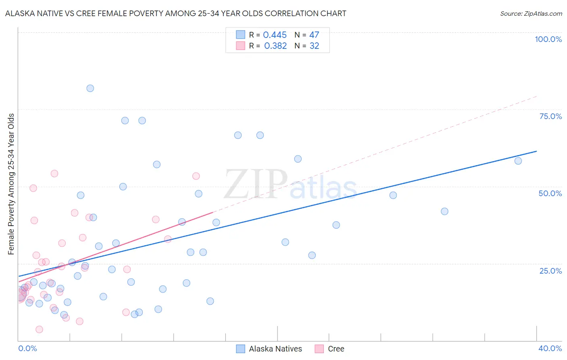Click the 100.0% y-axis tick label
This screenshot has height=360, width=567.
point(548,39)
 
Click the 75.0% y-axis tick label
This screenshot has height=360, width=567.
point(550,116)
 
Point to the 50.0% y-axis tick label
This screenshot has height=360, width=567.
point(550,193)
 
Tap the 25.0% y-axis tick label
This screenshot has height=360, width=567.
point(550,270)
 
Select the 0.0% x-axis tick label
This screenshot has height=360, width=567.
point(27,348)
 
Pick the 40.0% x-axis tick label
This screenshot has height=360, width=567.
point(550,348)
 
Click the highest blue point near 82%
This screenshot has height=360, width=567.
point(90,88)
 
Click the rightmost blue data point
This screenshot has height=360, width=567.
point(518,161)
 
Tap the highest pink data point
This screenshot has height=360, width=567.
point(54,174)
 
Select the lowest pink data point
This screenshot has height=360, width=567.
point(39,329)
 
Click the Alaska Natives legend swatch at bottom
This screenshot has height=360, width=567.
point(240,349)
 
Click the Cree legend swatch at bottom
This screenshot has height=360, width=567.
point(319,349)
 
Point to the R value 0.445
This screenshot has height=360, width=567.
point(275,35)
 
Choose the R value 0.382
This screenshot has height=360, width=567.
point(275,46)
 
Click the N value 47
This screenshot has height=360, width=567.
point(314,35)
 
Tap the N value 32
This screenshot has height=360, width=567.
point(314,46)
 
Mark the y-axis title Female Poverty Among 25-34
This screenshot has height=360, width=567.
point(11,184)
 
